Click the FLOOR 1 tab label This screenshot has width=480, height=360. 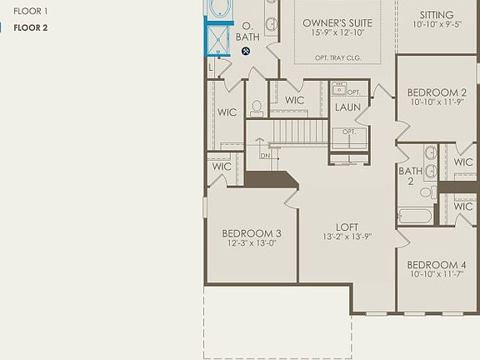point(30,11)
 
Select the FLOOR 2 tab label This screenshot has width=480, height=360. point(30,27)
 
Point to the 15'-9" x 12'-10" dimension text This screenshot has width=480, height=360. point(337,33)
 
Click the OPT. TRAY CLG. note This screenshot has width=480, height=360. point(337,57)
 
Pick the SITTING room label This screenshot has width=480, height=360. point(437,15)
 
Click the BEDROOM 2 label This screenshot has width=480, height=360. point(437,92)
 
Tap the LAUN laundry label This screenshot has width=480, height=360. point(347,107)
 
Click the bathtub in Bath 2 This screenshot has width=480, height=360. point(414,216)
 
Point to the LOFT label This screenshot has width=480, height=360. point(347,227)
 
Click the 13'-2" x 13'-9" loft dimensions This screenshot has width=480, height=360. point(347,237)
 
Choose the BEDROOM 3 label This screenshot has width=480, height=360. point(251,233)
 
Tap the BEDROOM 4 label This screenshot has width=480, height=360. point(437,264)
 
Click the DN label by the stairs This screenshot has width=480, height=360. point(265,156)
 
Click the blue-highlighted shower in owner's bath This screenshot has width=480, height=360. point(219,39)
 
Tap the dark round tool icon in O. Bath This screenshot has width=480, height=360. point(246,51)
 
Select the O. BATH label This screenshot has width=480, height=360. point(247,32)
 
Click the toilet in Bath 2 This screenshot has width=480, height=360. point(426,192)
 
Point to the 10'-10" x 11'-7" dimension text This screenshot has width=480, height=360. point(437,275)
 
